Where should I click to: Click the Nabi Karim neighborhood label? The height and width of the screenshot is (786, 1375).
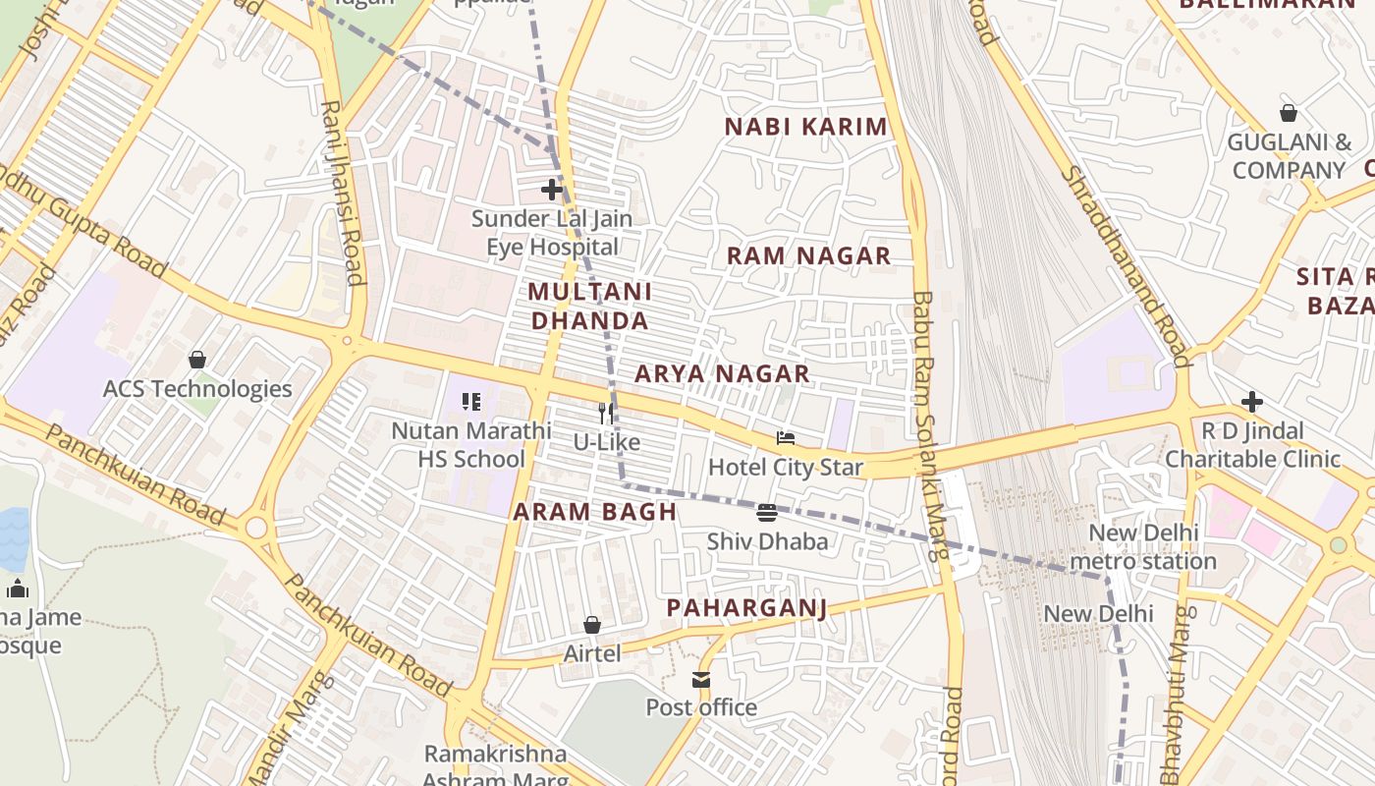(805, 127)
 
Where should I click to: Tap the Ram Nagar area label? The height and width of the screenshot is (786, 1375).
(808, 256)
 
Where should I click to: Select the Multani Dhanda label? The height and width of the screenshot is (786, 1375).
(589, 306)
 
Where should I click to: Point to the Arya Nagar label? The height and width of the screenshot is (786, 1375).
(722, 373)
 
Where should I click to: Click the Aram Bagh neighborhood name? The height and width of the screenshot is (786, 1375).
(595, 511)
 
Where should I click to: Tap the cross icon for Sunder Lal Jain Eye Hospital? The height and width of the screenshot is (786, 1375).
(552, 189)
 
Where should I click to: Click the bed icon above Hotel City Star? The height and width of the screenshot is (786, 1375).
(785, 438)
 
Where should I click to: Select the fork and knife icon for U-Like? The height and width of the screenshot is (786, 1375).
(607, 414)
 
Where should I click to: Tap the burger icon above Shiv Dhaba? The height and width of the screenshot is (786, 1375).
(767, 513)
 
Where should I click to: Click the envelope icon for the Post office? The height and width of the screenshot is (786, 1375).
(701, 679)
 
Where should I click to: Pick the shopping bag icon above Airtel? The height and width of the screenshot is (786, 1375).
(592, 625)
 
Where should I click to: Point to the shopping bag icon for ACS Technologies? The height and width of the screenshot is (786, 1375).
(197, 360)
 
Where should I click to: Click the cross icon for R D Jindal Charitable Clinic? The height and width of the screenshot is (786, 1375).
(1252, 402)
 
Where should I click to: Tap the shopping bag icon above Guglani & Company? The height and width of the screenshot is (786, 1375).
(1289, 113)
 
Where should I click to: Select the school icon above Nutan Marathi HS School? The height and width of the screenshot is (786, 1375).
(471, 402)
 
